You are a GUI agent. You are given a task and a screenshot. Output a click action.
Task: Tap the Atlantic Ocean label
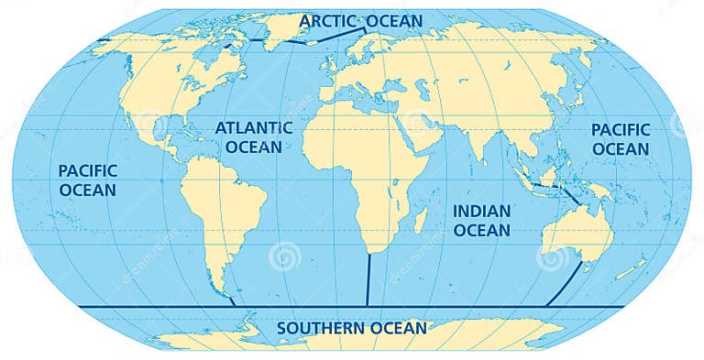(254, 136)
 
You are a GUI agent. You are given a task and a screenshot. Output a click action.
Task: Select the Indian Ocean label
(481, 220)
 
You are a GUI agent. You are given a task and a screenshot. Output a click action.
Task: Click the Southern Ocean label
(352, 327)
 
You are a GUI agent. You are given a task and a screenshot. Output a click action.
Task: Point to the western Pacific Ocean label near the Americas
(87, 180)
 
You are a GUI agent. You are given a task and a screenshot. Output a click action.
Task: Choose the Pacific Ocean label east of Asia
(620, 139)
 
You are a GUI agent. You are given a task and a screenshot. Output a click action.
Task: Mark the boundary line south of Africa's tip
(368, 279)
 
